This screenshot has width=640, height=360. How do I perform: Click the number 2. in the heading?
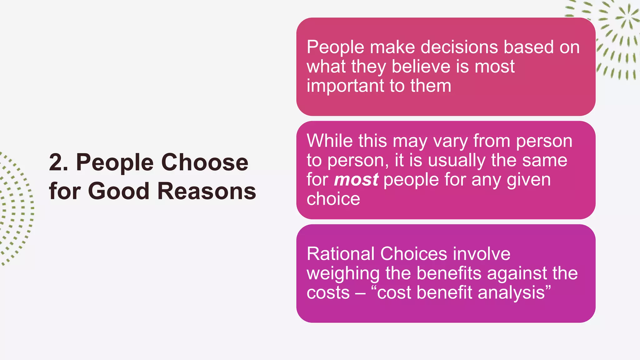pyautogui.click(x=58, y=162)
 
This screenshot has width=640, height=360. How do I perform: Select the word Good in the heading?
pyautogui.click(x=118, y=191)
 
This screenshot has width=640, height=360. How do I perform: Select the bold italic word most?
pyautogui.click(x=356, y=180)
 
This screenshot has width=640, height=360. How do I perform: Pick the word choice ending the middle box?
pyautogui.click(x=333, y=199)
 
